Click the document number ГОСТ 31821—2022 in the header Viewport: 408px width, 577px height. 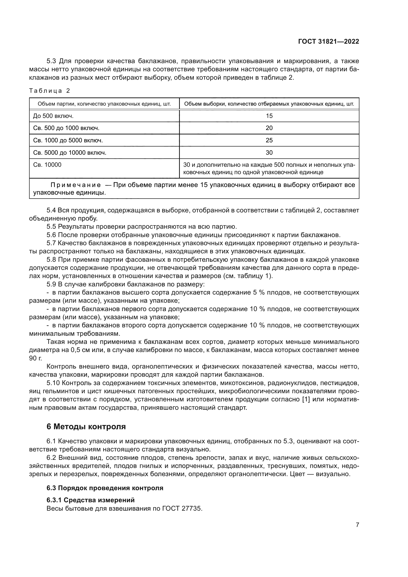(328, 41)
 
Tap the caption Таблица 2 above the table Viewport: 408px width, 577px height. (50, 91)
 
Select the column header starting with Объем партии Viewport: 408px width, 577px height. (104, 104)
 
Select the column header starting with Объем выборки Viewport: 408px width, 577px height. (269, 104)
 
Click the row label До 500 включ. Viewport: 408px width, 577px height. (53, 116)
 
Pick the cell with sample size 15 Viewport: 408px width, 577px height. (269, 116)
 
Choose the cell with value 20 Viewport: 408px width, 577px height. (269, 128)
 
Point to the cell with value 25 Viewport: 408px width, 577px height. (269, 140)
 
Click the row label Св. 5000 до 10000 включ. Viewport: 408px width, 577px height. (70, 152)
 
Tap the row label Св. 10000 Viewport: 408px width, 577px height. (47, 165)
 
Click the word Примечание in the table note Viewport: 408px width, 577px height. (76, 185)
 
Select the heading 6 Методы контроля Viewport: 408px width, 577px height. (86, 427)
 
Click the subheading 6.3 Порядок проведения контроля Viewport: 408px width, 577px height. (105, 488)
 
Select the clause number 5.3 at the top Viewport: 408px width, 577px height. (52, 61)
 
